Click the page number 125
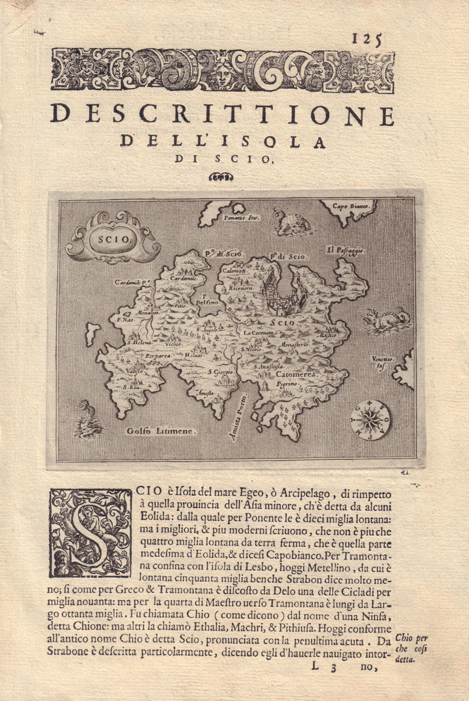[x=366, y=39]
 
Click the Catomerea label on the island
[x=296, y=375]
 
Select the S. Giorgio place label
[x=220, y=372]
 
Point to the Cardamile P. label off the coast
[x=133, y=283]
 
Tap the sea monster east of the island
[x=385, y=319]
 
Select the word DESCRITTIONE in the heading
[x=223, y=116]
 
